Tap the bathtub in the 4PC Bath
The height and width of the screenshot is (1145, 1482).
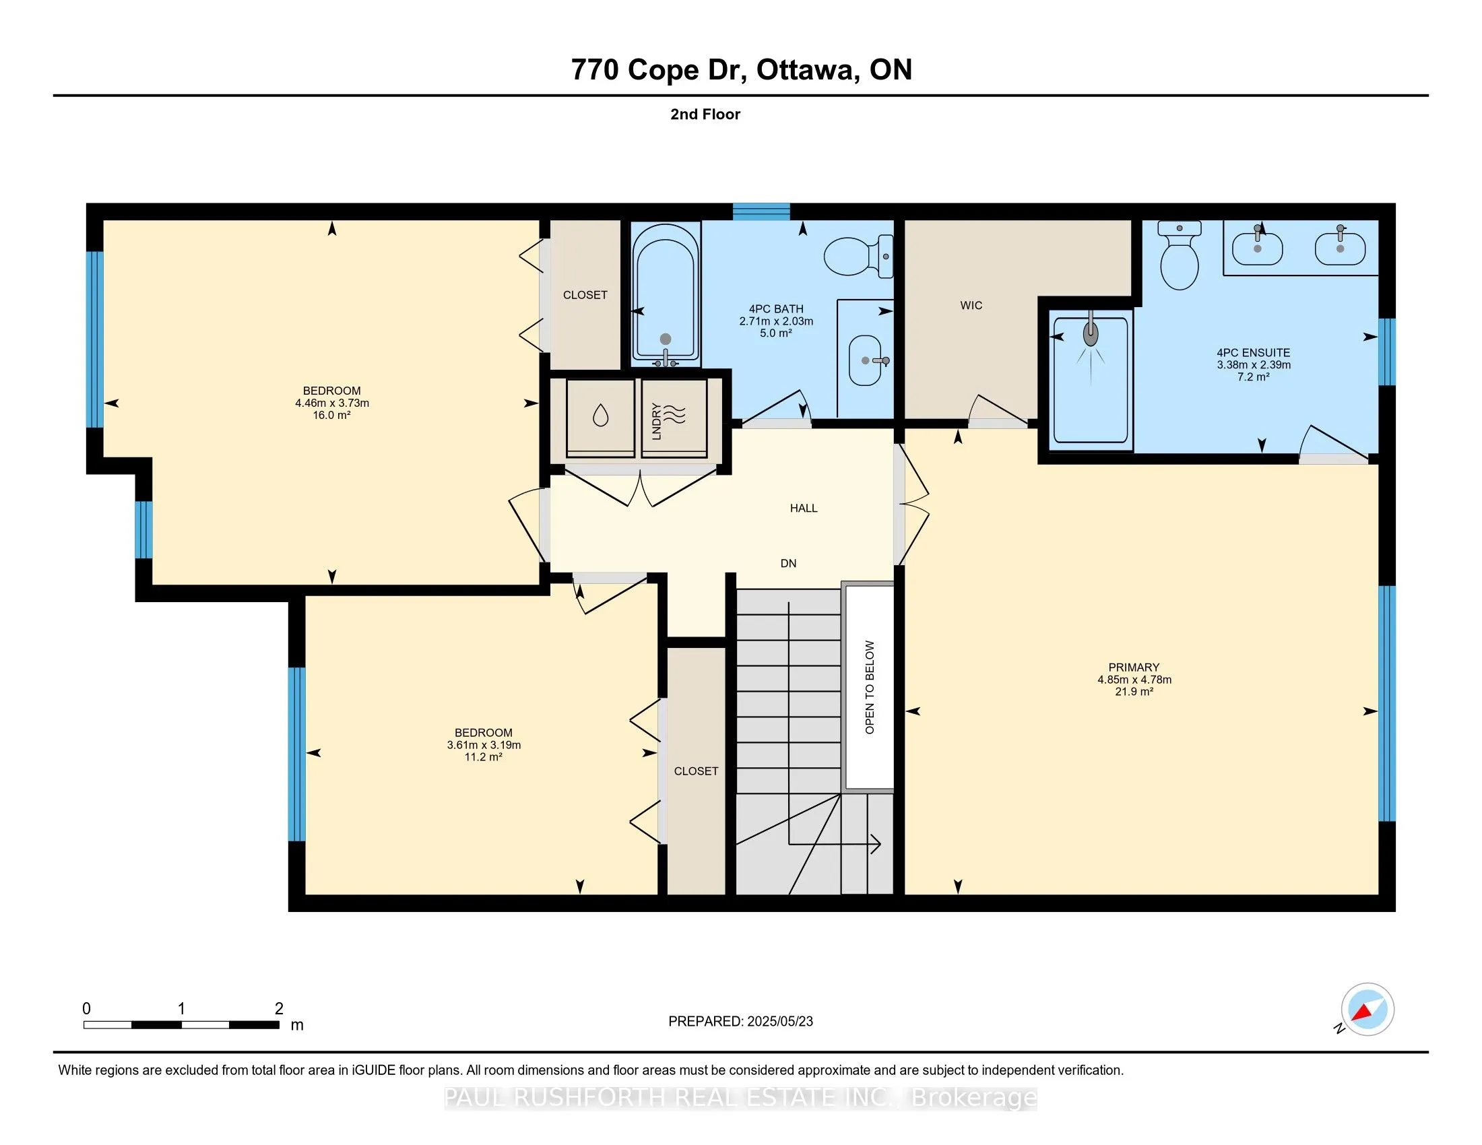665,293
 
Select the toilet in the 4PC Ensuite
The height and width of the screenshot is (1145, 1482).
1180,256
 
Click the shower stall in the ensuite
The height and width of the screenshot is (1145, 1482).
1091,380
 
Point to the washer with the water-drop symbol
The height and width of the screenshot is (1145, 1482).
600,418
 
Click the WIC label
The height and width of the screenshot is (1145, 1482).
971,305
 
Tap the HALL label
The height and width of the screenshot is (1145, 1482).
804,508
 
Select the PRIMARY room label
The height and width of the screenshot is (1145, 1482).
1134,667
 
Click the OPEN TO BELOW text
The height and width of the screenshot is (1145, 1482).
869,687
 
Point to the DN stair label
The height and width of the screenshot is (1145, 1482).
788,563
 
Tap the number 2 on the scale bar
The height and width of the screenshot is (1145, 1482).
279,1009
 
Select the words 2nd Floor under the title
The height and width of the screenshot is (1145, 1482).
705,114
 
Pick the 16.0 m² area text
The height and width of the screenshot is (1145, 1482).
331,415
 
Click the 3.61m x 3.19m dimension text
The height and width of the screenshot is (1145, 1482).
484,745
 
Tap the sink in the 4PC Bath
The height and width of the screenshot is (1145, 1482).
866,360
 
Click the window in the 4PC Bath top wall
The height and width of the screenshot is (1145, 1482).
761,211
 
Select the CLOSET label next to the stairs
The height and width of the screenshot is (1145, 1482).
697,771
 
